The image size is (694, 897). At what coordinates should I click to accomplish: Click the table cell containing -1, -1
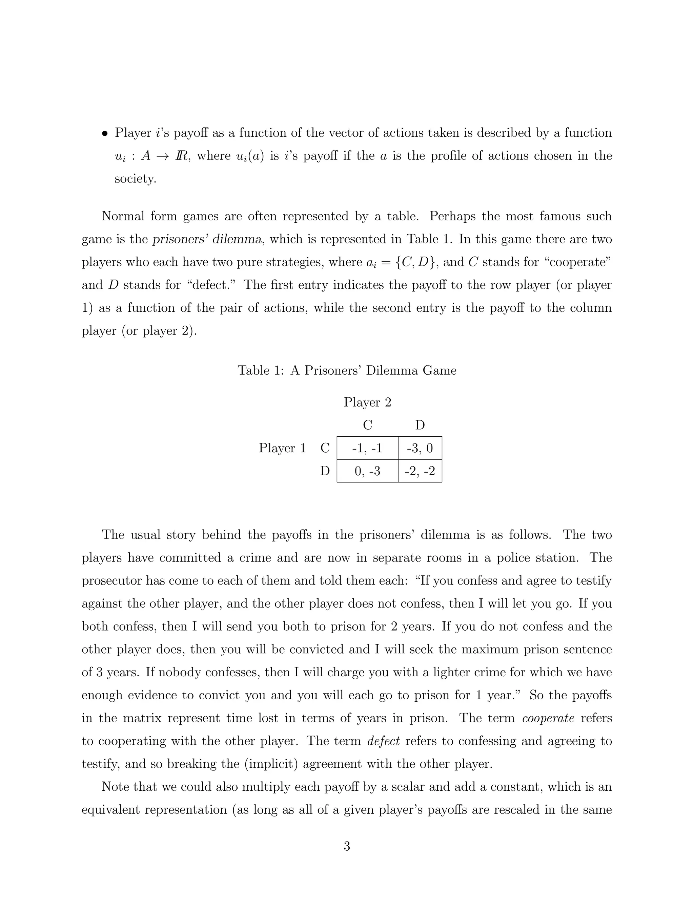coord(367,448)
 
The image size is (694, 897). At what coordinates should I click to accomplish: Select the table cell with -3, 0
coord(420,448)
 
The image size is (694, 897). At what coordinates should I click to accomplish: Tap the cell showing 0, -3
coord(367,471)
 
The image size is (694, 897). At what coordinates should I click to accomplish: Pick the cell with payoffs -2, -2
coord(420,471)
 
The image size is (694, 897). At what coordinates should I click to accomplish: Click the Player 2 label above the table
coord(367,402)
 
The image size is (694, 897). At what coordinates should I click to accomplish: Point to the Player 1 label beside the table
coord(283,448)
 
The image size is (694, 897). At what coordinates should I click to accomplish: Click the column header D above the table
coord(420,425)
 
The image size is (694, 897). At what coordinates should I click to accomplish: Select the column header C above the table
coord(367,425)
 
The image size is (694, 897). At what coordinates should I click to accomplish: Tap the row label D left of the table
coord(325,471)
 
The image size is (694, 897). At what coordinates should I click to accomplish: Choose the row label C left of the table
coord(325,448)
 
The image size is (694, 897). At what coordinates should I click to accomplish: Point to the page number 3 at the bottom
coord(347,847)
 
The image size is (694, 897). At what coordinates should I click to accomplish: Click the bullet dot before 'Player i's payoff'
coord(105,133)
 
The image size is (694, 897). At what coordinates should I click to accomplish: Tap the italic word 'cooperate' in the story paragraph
coord(548,718)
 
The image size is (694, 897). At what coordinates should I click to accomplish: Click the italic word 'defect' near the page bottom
coord(383,741)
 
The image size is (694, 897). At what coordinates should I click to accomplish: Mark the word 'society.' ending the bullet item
coord(135,179)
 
